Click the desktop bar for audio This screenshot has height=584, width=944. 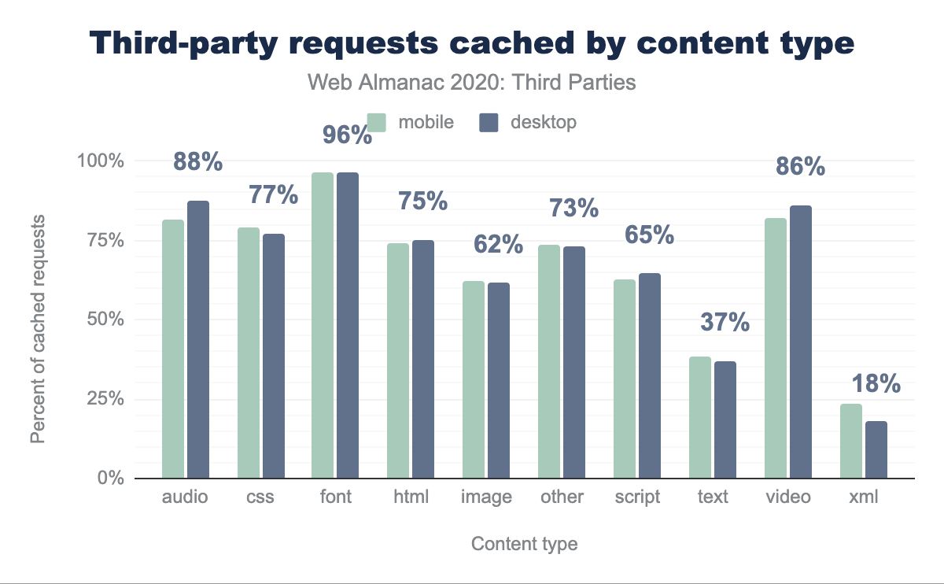(x=198, y=339)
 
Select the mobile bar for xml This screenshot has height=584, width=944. (x=851, y=441)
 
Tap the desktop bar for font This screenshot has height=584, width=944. (x=348, y=325)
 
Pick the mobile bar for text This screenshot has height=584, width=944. (x=700, y=417)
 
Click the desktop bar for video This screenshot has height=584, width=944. (x=800, y=342)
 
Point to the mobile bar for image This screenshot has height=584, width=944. (x=474, y=379)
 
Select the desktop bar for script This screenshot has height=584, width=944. (x=649, y=375)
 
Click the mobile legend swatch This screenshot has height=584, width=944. (x=378, y=123)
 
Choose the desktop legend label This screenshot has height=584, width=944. (x=543, y=123)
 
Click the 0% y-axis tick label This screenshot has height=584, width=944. (x=110, y=479)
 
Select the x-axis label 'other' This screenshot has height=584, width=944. (x=562, y=497)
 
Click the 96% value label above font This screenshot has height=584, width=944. (x=347, y=135)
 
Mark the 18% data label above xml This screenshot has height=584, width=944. (x=875, y=384)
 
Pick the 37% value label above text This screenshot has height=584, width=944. (x=725, y=322)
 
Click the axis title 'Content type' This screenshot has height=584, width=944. (x=524, y=545)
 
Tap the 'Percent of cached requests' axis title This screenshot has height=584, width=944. (x=38, y=320)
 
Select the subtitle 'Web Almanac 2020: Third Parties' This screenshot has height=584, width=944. (x=470, y=82)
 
